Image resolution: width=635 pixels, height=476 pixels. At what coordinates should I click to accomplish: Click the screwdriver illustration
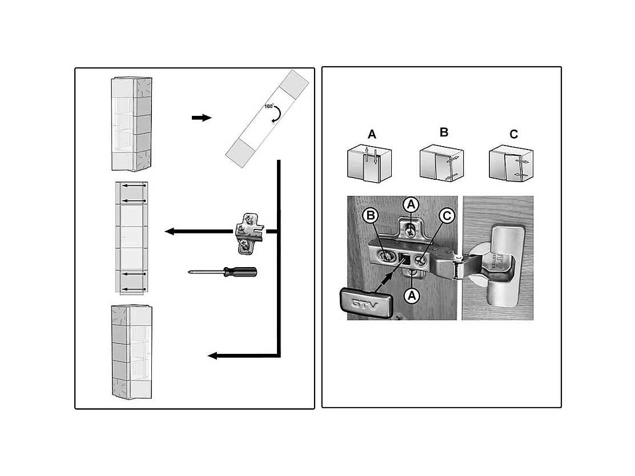[223, 272]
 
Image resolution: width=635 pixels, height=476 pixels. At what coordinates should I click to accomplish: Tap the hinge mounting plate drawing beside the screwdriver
[249, 232]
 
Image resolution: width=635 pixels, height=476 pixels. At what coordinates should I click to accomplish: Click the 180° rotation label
[269, 107]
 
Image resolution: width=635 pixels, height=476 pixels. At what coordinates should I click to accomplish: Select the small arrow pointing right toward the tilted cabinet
[201, 118]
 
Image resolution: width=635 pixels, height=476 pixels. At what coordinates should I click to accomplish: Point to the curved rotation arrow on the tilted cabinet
[277, 116]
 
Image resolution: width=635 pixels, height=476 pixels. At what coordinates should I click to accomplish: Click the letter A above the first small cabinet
[372, 135]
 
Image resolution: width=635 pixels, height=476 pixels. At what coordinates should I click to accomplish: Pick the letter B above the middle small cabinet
[444, 132]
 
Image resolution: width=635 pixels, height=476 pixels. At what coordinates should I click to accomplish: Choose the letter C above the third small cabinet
[513, 135]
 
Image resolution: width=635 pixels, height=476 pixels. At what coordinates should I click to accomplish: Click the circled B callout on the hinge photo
[371, 216]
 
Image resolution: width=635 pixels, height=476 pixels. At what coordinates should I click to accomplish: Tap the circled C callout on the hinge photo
[447, 216]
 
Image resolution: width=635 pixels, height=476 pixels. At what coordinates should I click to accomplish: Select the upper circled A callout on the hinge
[410, 204]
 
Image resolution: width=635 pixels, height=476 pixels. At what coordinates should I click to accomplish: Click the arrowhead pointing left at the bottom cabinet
[212, 356]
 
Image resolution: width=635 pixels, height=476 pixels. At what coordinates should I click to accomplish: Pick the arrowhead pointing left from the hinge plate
[170, 232]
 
